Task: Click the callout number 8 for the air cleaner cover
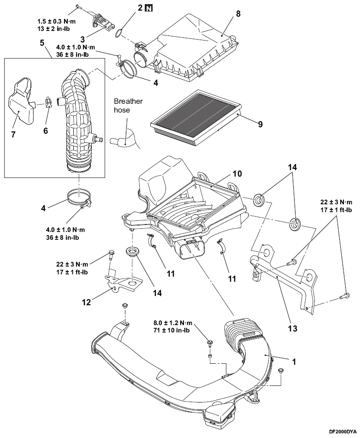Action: pyautogui.click(x=238, y=13)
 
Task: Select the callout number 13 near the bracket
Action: pyautogui.click(x=292, y=328)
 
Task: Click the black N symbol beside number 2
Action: pyautogui.click(x=149, y=8)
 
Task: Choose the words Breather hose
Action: pyautogui.click(x=128, y=105)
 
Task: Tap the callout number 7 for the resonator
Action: pyautogui.click(x=13, y=134)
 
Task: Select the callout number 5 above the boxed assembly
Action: pyautogui.click(x=42, y=43)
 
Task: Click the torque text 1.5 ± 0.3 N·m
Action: pyautogui.click(x=56, y=21)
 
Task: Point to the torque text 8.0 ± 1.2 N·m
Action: pyautogui.click(x=173, y=323)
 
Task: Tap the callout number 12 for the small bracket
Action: pyautogui.click(x=86, y=302)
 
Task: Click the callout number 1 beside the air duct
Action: pyautogui.click(x=294, y=362)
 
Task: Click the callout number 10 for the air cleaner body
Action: pyautogui.click(x=237, y=174)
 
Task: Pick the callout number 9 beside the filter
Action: pyautogui.click(x=260, y=124)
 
